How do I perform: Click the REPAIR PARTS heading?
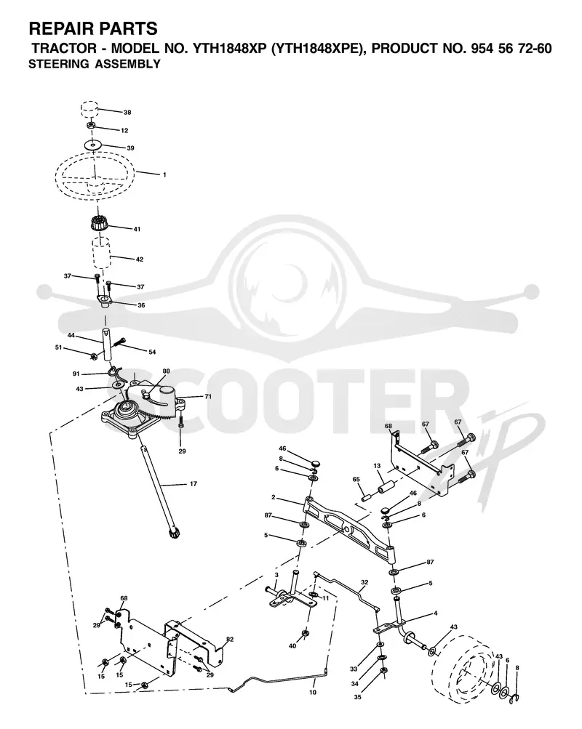coord(93,29)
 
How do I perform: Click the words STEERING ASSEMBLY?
coord(95,64)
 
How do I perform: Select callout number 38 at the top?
coord(127,113)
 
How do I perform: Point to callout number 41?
coord(137,229)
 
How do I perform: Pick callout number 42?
coord(140,259)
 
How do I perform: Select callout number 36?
coord(141,305)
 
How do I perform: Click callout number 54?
coord(152,352)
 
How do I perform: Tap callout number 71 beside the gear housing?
coord(208,397)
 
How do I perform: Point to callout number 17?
coord(194,484)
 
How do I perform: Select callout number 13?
coord(378,465)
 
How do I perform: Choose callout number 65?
coord(356,479)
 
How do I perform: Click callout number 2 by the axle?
coord(273,498)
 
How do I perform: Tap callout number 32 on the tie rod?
coord(364,582)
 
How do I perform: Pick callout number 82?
coord(229,640)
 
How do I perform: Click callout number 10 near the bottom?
coord(313,692)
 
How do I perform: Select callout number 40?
coord(292,645)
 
